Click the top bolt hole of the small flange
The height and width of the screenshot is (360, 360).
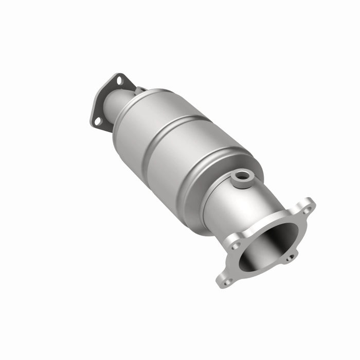coord(119,81)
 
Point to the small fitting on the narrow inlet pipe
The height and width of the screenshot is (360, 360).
coord(139,91)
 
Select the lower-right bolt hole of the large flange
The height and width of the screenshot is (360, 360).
coord(291,257)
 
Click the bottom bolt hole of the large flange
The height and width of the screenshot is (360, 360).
coord(226,281)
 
